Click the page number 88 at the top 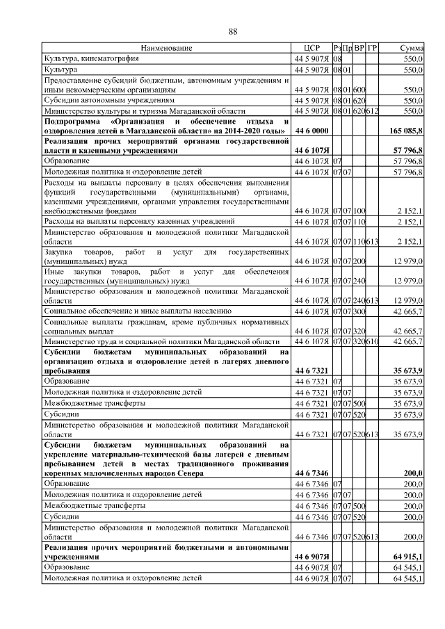click(x=234, y=32)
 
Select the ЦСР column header click(x=311, y=48)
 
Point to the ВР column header click(x=359, y=48)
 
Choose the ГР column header click(x=372, y=48)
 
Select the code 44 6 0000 click(x=311, y=131)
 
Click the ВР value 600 click(x=359, y=90)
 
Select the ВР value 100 click(x=359, y=210)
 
